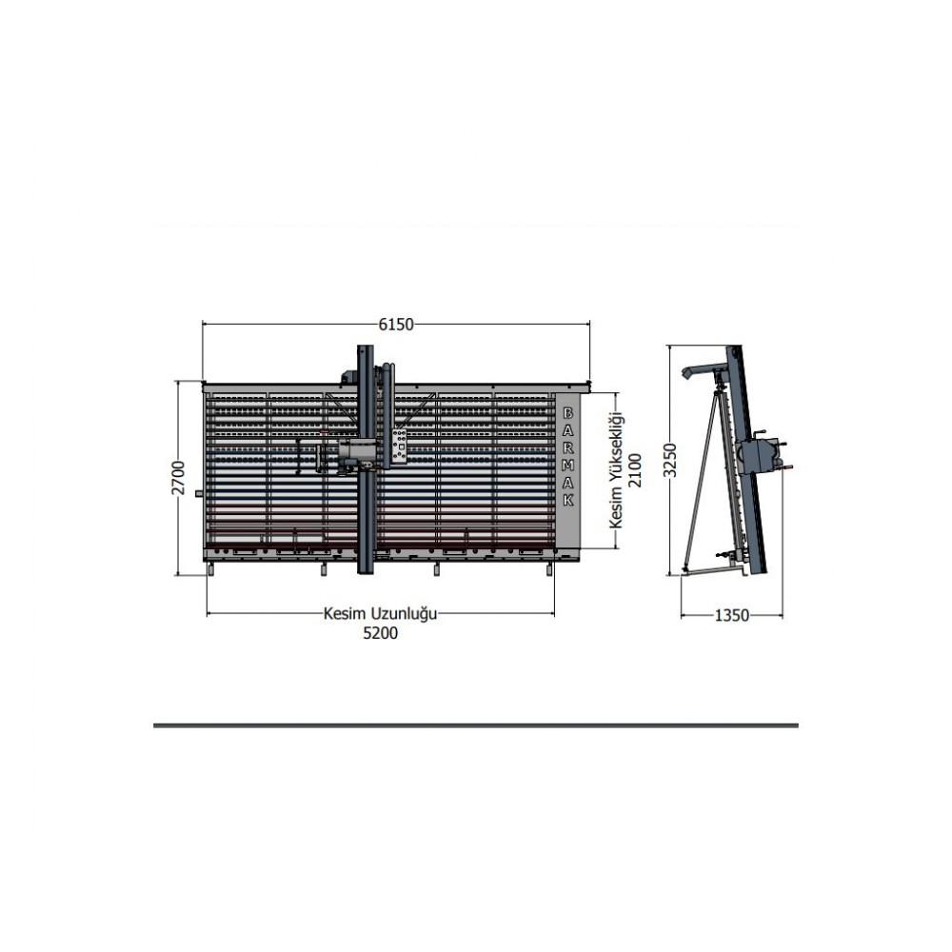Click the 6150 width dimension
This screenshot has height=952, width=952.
(396, 325)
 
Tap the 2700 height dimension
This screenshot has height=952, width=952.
(178, 477)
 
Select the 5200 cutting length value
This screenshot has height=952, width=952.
(380, 633)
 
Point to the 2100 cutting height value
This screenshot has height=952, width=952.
(634, 470)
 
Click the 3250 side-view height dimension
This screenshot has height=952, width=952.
(669, 460)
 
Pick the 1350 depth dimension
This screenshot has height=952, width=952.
(731, 616)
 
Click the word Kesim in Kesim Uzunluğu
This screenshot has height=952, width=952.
(343, 613)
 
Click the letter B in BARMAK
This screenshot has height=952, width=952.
(568, 413)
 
